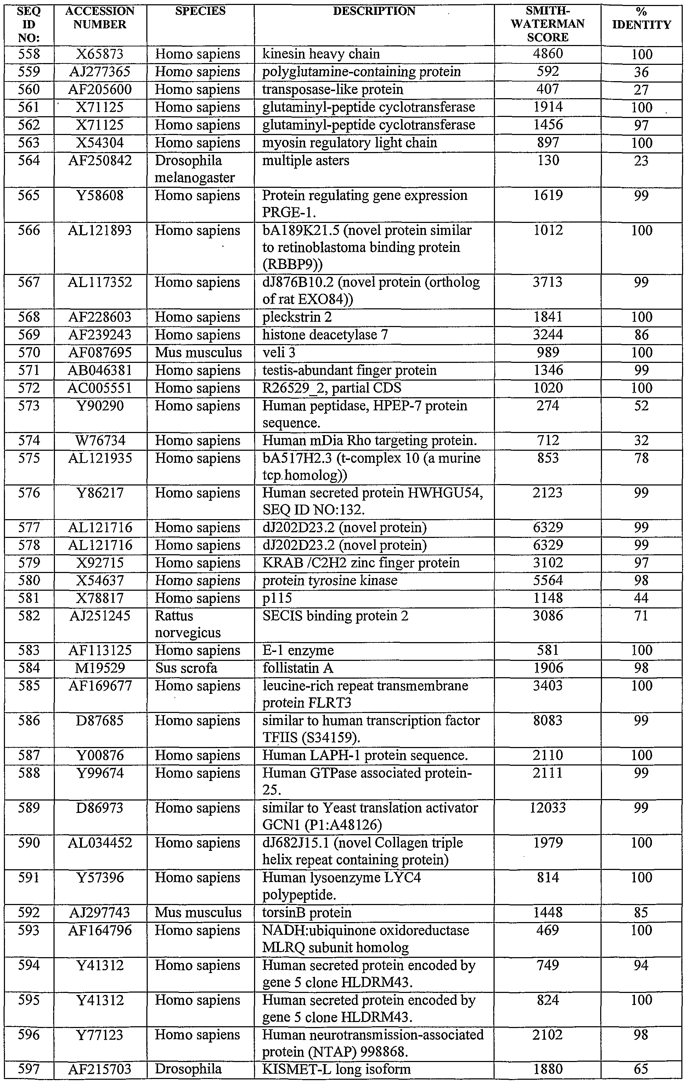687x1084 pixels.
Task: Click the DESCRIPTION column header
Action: coord(374,11)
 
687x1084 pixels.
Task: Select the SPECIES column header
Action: coord(200,11)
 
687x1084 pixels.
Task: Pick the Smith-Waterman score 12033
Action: coord(547,808)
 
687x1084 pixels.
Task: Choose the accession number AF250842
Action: coord(100,161)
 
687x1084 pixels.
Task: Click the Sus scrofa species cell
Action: coord(186,668)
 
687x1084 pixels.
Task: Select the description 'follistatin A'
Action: coord(298,668)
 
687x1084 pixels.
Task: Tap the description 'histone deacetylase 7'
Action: coord(325,335)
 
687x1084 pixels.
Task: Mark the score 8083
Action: coord(547,721)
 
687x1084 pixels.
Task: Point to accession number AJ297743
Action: coord(100,912)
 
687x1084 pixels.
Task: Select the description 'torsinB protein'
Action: coord(306,912)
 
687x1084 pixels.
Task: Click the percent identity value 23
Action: coord(641,161)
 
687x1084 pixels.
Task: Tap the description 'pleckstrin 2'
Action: coord(297,318)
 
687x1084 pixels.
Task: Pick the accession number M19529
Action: coord(100,668)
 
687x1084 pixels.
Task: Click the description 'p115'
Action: coord(277,598)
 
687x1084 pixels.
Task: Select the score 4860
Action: coord(547,54)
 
